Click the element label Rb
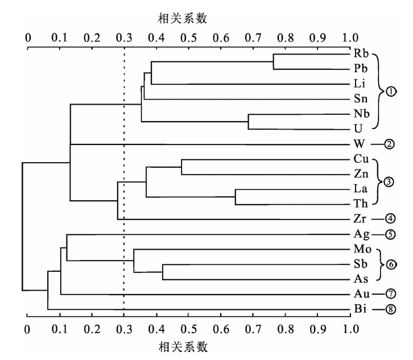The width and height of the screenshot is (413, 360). point(361,53)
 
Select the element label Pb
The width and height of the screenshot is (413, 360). point(360,68)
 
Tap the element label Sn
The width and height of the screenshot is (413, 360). point(361,98)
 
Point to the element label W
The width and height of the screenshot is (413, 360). point(360,144)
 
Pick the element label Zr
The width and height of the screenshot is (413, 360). point(360,218)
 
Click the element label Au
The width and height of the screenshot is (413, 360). point(362,293)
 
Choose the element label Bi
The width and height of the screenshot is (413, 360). point(360,308)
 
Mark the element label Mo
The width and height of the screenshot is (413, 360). point(362,249)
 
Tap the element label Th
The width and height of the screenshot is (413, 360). point(360,204)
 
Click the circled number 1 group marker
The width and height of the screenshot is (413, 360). point(391,92)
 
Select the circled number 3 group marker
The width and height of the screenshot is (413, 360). point(389,182)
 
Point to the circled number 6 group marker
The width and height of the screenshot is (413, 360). point(391,264)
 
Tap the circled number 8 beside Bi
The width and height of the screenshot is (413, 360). point(391,309)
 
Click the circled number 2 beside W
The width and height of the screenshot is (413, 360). point(389,144)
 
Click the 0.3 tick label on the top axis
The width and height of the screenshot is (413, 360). point(124,38)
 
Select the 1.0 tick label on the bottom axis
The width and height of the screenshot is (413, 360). point(351,329)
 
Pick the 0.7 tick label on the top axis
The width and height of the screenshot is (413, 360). point(253,38)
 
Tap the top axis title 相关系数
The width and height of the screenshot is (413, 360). point(183,18)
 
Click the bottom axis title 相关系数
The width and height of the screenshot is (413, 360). point(183,347)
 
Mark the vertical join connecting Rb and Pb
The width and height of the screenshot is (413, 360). point(274,61)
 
